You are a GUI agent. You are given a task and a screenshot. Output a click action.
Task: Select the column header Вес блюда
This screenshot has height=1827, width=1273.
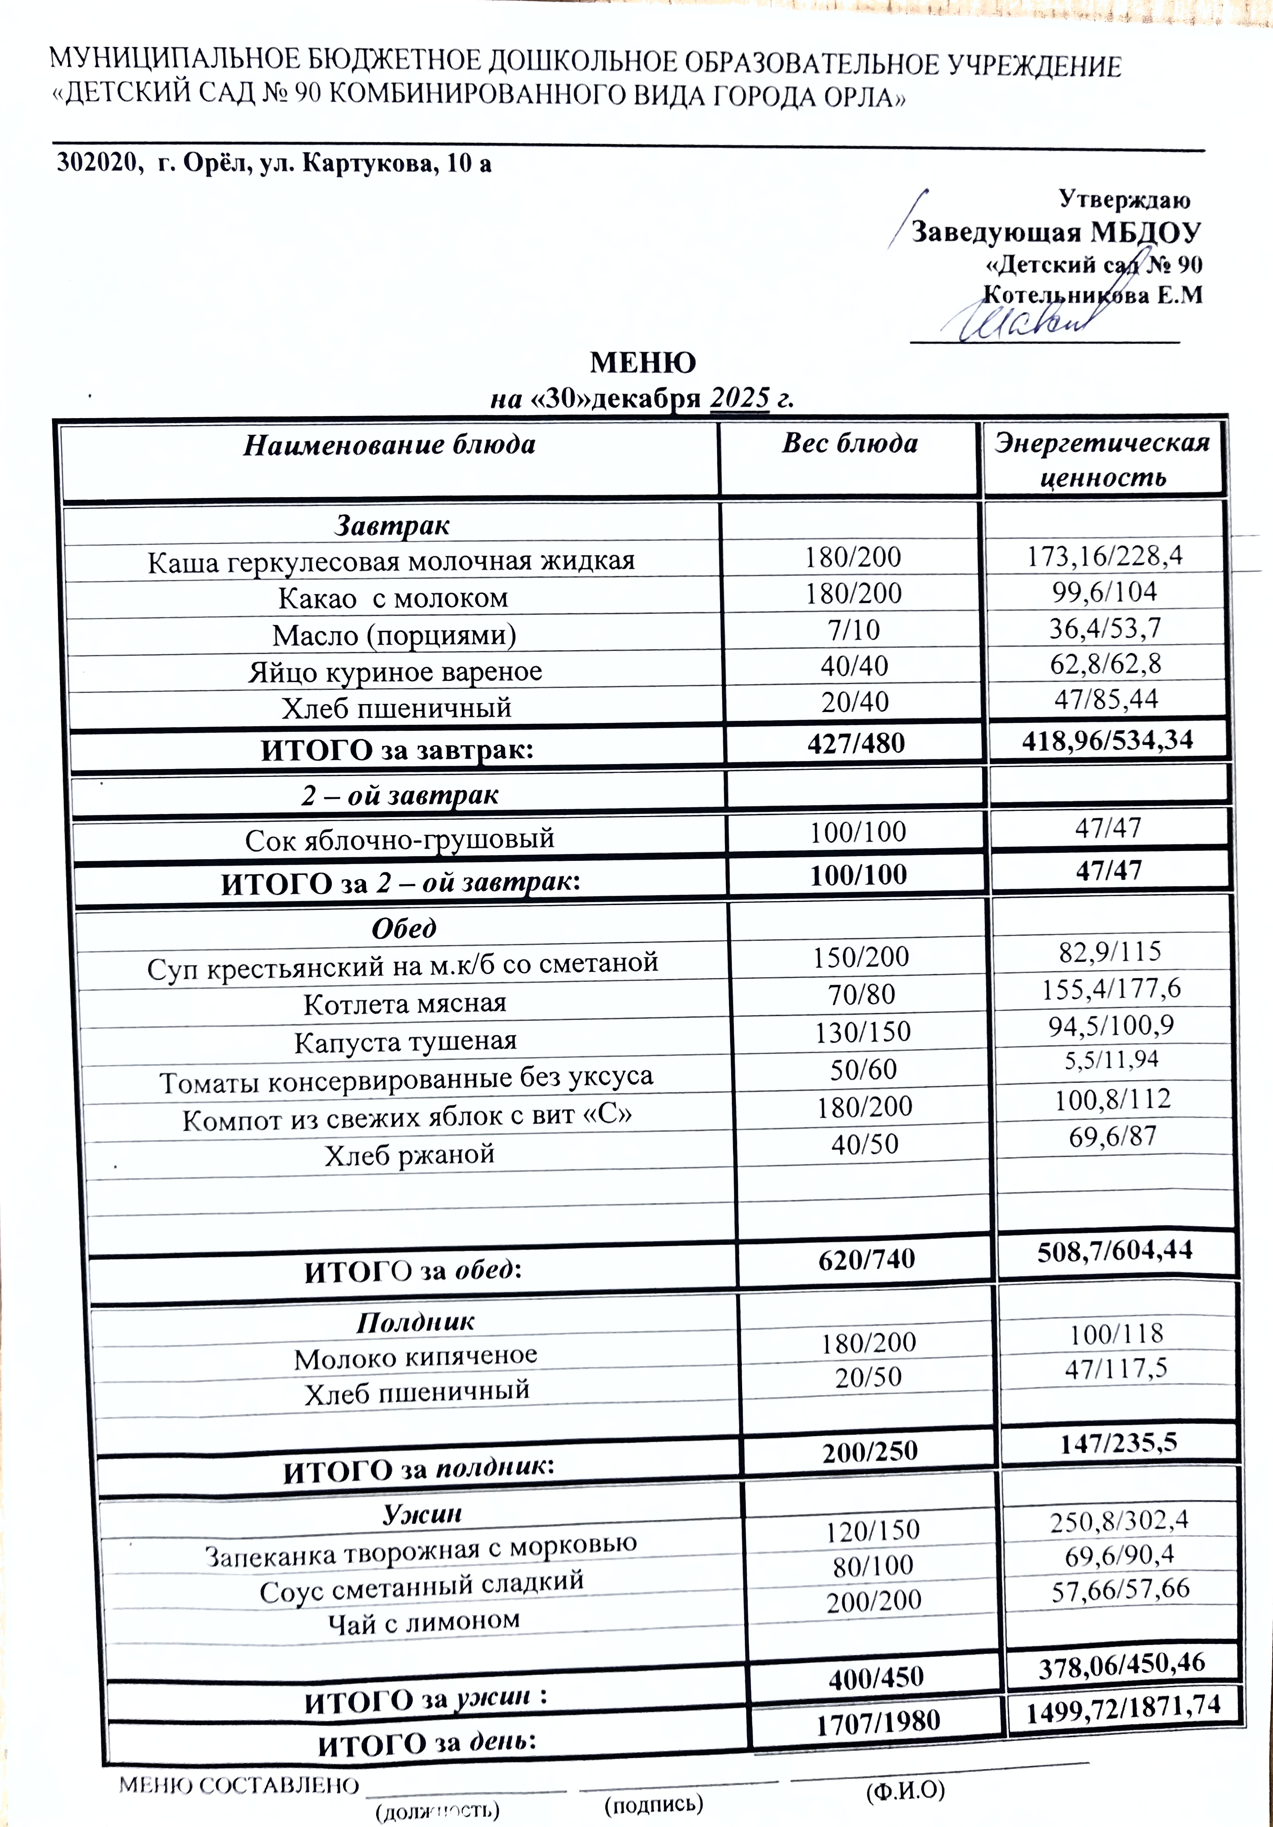(850, 443)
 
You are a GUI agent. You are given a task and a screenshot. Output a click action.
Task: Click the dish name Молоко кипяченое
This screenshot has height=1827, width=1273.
(415, 1358)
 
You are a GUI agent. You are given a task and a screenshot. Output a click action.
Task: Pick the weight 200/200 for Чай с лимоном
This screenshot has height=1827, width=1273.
(873, 1601)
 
